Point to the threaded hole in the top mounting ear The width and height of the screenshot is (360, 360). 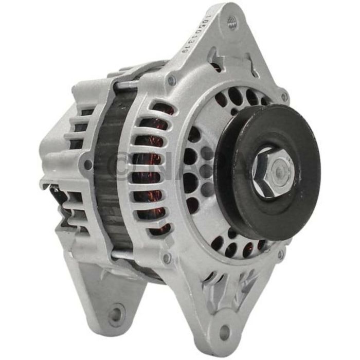[x=232, y=23]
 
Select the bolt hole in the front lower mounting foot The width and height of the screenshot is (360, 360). [x=225, y=333]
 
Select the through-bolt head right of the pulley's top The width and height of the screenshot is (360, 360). [x=284, y=96]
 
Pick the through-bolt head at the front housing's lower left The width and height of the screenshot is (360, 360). [x=166, y=257]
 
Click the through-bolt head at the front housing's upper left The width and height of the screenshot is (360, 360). [x=171, y=80]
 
